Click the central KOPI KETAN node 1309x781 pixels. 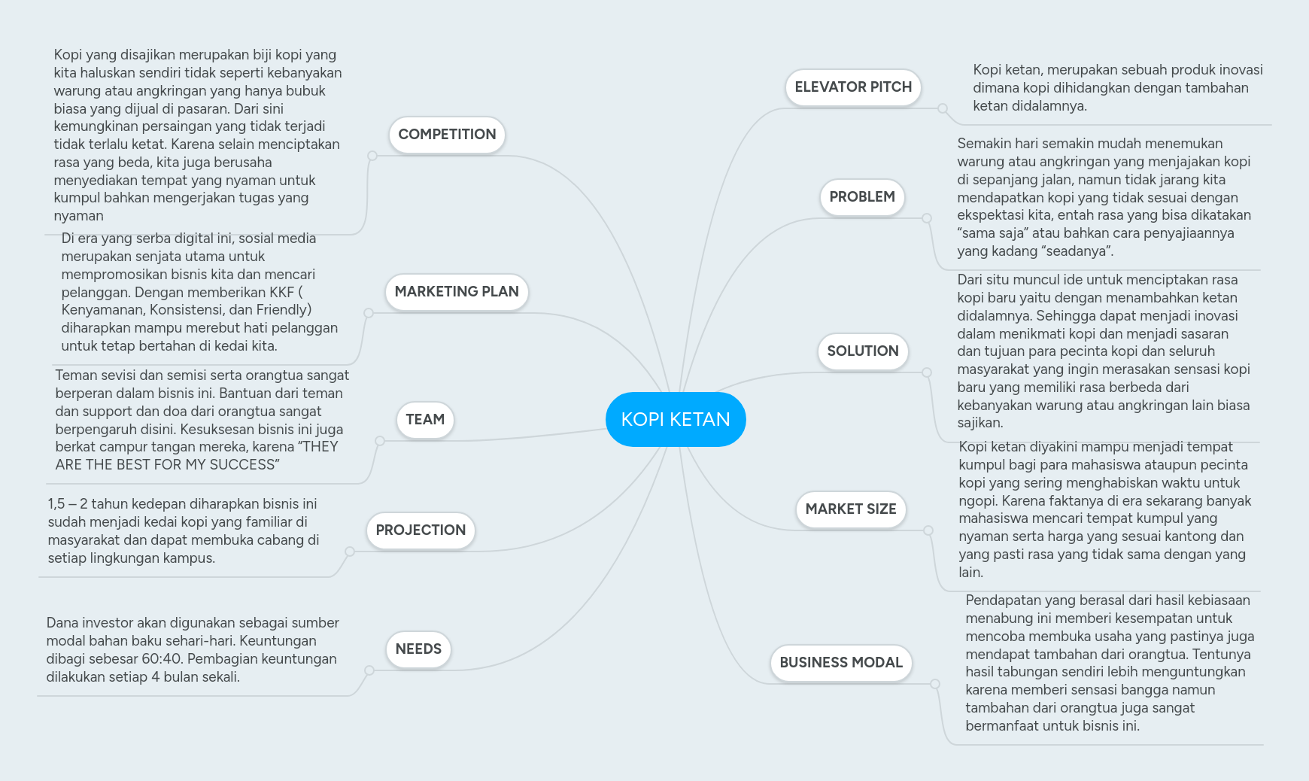coord(675,419)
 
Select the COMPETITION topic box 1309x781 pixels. coord(447,135)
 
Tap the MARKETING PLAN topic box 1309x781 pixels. coord(457,292)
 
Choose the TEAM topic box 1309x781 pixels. coord(425,420)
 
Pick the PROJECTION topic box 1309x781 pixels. coord(421,530)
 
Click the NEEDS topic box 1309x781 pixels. coord(418,649)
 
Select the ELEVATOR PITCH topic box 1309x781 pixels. coord(853,87)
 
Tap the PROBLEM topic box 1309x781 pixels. coord(862,197)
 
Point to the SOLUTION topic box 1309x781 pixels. coord(863,351)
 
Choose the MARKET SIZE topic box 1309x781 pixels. coord(851,509)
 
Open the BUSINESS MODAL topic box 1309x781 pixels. coord(841,663)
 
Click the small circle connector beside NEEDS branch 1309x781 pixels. coord(369,670)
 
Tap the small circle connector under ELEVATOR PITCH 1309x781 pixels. coord(943,108)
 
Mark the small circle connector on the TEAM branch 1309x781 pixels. coord(380,441)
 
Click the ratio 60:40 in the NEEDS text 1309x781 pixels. coord(162,659)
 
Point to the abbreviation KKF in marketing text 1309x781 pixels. coord(281,293)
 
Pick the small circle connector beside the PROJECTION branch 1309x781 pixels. coord(350,552)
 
